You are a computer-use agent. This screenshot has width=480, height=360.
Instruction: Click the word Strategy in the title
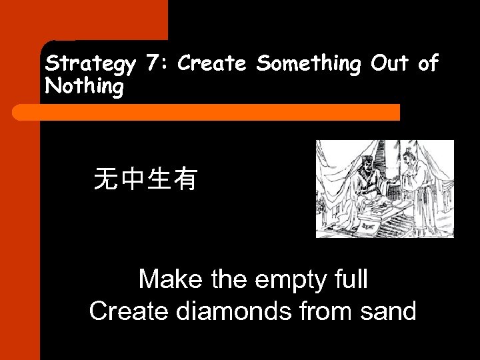point(90,64)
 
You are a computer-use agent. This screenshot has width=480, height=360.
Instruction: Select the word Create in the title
point(213,64)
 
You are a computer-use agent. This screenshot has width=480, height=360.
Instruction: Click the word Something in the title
point(309,64)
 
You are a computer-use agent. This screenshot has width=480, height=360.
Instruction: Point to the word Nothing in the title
point(84,87)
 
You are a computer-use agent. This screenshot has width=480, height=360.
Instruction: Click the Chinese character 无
point(107,179)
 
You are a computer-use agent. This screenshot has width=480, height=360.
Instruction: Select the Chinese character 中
point(133,179)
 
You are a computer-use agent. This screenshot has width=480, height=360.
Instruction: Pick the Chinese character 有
point(185,179)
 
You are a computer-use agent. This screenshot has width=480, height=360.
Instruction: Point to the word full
point(349,279)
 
